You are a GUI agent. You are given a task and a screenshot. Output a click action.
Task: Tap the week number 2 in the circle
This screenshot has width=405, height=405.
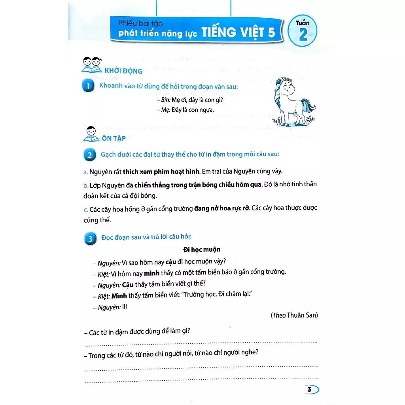tap(303, 36)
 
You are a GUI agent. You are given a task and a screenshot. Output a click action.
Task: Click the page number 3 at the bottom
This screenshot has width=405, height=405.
tap(309, 390)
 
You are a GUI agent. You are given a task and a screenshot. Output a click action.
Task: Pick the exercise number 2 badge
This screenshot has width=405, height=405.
tap(89, 155)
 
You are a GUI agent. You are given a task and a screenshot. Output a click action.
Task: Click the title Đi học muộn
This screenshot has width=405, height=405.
tap(202, 250)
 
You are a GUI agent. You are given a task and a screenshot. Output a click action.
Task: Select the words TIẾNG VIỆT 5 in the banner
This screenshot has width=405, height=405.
tap(238, 32)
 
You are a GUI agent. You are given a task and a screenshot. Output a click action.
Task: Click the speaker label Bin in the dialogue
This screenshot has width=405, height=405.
tap(165, 100)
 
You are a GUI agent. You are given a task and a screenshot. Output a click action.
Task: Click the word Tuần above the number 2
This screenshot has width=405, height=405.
tap(303, 23)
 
